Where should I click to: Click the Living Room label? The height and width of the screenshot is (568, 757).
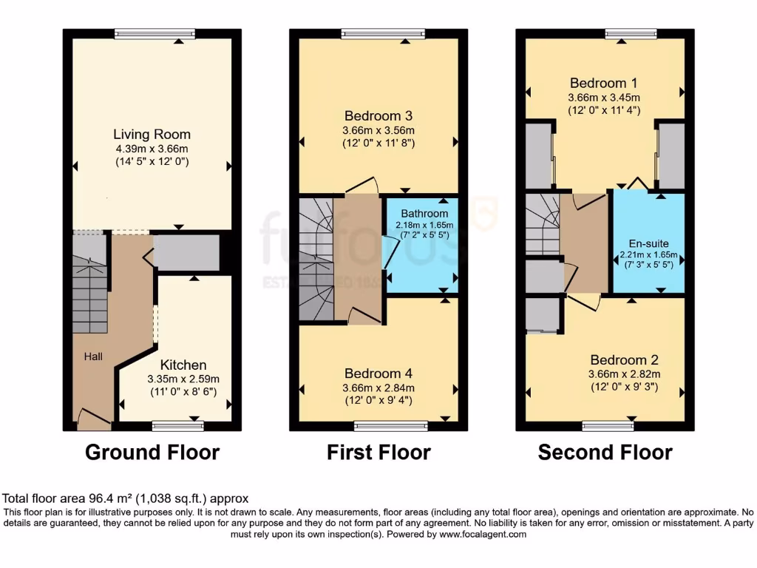pyautogui.click(x=152, y=135)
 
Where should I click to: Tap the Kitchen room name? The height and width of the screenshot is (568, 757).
pyautogui.click(x=183, y=365)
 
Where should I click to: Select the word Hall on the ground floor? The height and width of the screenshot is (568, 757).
pyautogui.click(x=93, y=356)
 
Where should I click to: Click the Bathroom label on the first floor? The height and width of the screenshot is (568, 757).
pyautogui.click(x=424, y=214)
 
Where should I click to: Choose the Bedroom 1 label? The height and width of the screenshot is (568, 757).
pyautogui.click(x=603, y=83)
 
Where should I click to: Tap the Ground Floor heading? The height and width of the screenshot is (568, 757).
pyautogui.click(x=152, y=452)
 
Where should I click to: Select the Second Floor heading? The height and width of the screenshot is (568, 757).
pyautogui.click(x=605, y=452)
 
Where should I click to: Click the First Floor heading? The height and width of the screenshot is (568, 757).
pyautogui.click(x=378, y=452)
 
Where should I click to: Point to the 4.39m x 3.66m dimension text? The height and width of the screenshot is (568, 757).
pyautogui.click(x=152, y=149)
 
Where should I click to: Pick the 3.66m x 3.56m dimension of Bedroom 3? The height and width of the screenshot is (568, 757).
pyautogui.click(x=379, y=130)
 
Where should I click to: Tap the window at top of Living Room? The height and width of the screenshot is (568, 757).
pyautogui.click(x=155, y=33)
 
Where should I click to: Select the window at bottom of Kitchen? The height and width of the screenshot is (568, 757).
pyautogui.click(x=178, y=425)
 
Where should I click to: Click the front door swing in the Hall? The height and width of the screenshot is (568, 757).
pyautogui.click(x=94, y=419)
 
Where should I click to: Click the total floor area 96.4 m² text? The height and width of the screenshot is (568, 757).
pyautogui.click(x=126, y=498)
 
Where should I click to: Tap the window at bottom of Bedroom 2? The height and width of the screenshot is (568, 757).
pyautogui.click(x=608, y=425)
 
